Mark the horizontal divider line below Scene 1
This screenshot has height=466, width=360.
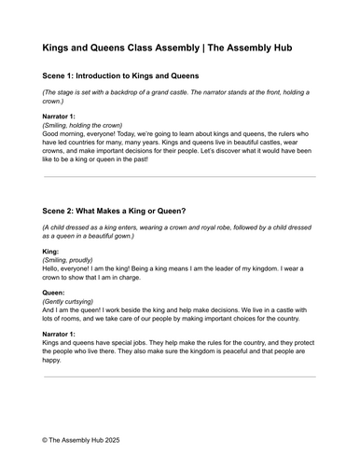tap(179, 176)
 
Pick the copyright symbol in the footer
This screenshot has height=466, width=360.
tap(46, 436)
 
